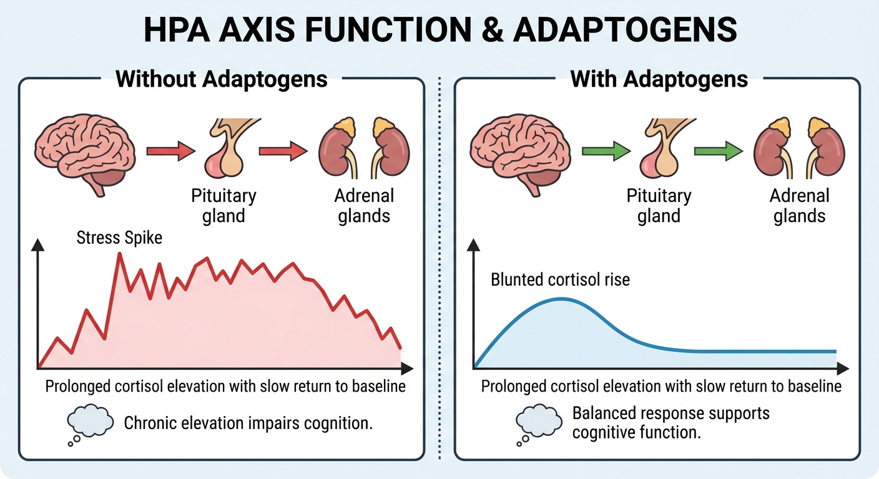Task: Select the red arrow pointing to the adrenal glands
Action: (x=283, y=150)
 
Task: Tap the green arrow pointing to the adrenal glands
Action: (x=719, y=150)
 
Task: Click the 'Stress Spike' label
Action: (x=119, y=238)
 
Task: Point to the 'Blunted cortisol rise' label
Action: (x=561, y=279)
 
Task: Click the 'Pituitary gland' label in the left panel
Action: (x=223, y=206)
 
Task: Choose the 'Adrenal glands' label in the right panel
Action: (x=800, y=206)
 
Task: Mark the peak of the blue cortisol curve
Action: (x=561, y=299)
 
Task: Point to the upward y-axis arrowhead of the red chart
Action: (x=39, y=245)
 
